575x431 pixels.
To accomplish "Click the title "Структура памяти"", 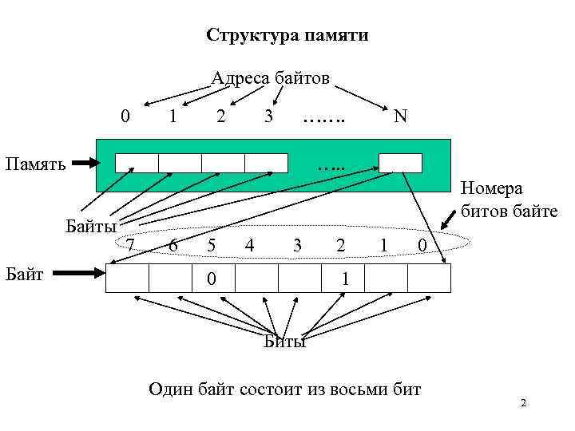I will tap(287, 36).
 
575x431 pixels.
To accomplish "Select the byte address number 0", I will tap(125, 117).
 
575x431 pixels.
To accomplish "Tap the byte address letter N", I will tap(401, 117).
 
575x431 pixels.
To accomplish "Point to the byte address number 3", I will tap(269, 117).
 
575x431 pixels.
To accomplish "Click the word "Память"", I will tap(33, 164).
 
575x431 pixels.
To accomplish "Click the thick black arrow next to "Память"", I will tap(83, 164).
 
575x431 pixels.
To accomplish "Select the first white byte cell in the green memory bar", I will tap(137, 163).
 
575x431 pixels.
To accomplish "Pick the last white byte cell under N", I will tap(400, 163).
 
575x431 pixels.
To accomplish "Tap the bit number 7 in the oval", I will tap(130, 246).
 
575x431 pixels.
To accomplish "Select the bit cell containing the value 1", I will tap(343, 279).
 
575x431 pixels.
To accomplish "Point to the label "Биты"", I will tap(285, 342).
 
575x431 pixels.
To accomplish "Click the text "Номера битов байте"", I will tap(491, 201).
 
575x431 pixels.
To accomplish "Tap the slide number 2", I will tap(523, 404).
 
